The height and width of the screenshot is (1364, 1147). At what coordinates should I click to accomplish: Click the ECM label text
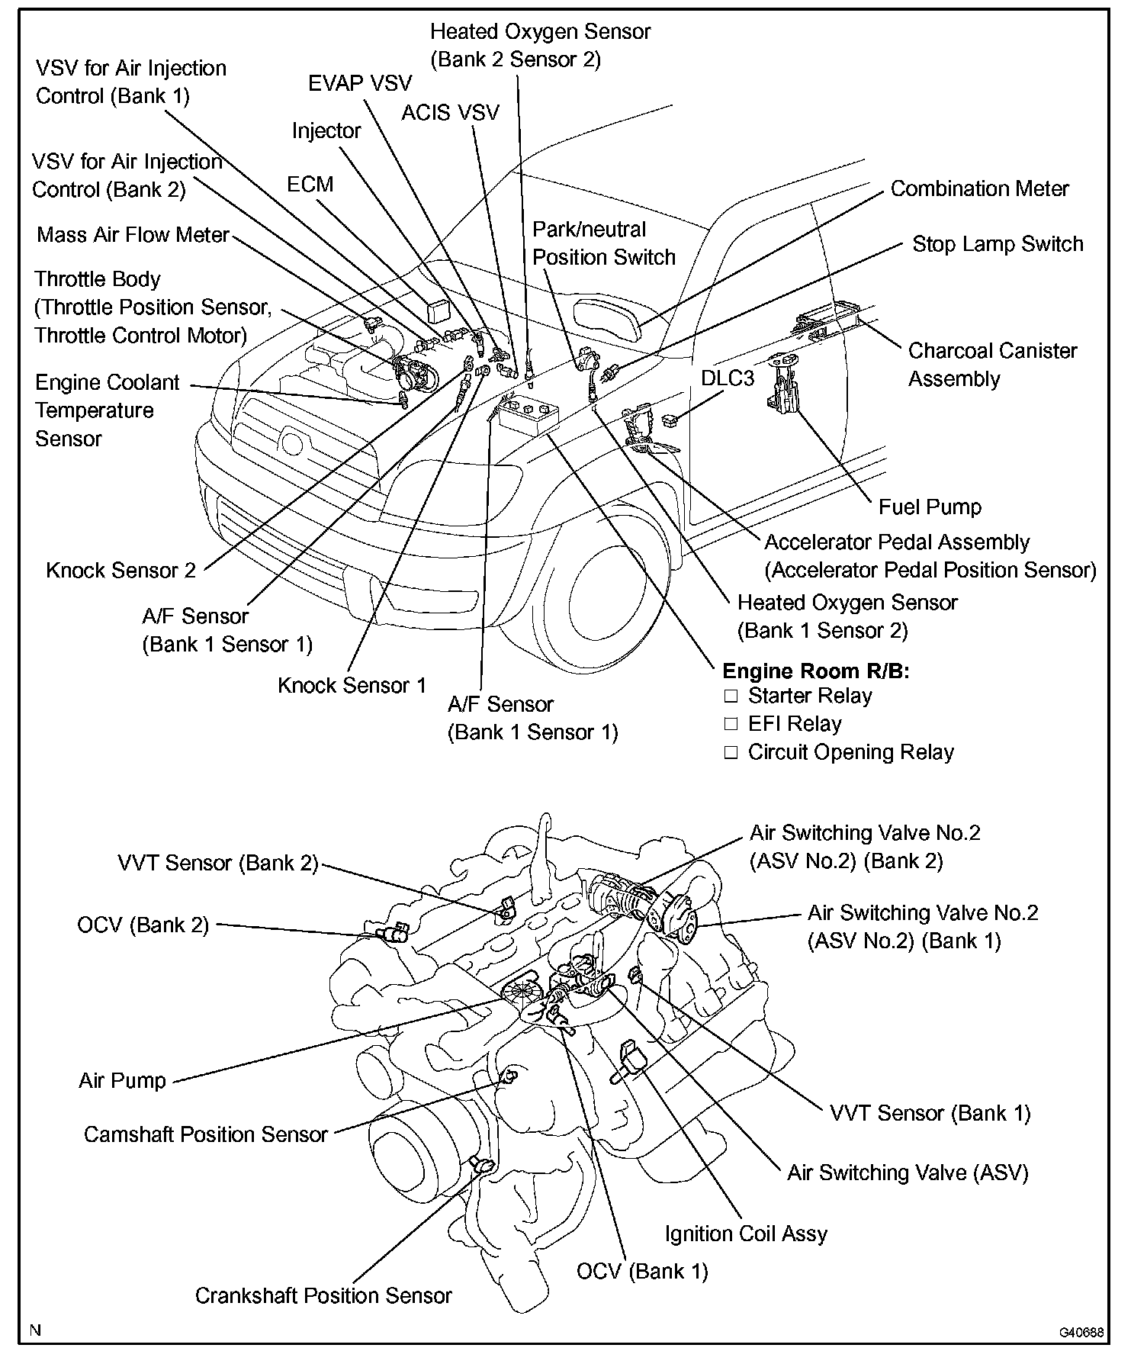(310, 185)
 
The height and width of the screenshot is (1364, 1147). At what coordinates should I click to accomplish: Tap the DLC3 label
(728, 378)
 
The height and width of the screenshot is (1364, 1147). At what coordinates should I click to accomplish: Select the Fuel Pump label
(930, 507)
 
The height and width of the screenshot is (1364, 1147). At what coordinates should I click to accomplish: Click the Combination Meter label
(979, 189)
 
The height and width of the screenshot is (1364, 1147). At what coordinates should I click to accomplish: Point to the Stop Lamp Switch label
(998, 244)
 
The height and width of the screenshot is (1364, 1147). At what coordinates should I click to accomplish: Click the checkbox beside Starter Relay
(731, 696)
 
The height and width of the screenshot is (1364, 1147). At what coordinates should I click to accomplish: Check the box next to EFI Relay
(731, 724)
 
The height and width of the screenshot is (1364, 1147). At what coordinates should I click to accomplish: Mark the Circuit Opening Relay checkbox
(731, 753)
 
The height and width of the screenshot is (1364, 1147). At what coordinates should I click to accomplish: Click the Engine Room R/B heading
(815, 671)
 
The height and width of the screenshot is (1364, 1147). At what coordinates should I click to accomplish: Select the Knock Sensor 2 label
(120, 571)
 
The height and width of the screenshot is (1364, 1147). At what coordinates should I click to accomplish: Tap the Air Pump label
(122, 1080)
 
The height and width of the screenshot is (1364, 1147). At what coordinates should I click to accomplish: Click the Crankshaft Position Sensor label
(323, 1296)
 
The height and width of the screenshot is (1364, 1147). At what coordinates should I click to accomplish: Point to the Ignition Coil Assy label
(745, 1234)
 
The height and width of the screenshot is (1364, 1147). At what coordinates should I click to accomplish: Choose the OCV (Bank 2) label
(143, 925)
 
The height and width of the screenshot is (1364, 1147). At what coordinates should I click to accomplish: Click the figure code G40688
(1081, 1332)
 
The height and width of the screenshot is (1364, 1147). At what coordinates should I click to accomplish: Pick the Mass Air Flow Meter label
(133, 235)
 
